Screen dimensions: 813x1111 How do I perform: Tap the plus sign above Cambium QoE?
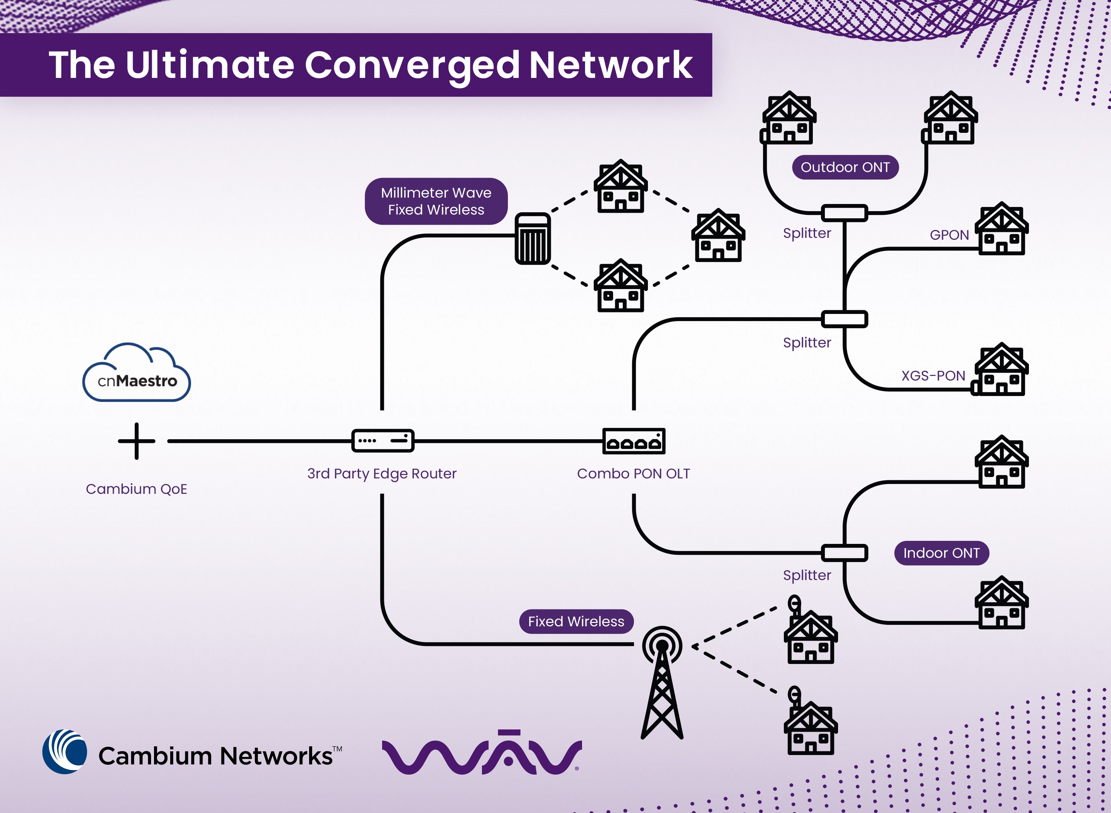(136, 441)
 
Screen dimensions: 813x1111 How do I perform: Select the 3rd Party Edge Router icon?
(383, 440)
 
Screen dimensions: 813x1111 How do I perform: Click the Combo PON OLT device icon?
(634, 441)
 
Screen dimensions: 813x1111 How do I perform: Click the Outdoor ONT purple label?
(845, 167)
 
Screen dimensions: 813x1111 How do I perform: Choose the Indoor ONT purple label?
(941, 553)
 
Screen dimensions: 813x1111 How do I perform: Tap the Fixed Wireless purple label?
(576, 621)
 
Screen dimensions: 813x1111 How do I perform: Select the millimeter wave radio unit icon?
(533, 239)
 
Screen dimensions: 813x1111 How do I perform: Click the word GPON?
(949, 235)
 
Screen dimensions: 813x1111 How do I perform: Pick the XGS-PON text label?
(933, 376)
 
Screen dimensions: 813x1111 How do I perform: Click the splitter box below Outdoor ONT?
(844, 213)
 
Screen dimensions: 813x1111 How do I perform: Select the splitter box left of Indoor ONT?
(844, 553)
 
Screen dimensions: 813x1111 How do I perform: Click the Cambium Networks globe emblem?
(64, 752)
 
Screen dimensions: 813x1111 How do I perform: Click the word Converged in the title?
(411, 65)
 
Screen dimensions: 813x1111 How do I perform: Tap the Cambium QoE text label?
(136, 489)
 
